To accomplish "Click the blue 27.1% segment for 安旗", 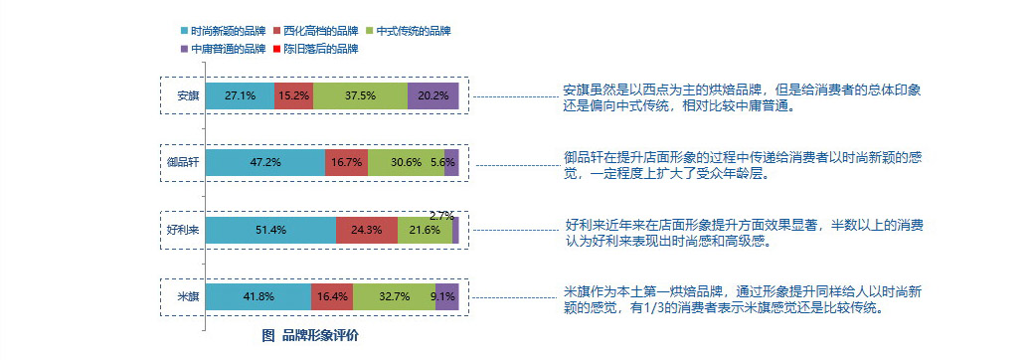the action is pyautogui.click(x=240, y=96).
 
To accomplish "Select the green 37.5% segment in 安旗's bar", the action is pyautogui.click(x=360, y=96).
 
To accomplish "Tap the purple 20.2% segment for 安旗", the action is pyautogui.click(x=433, y=96).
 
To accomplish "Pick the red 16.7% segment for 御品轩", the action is pyautogui.click(x=346, y=162).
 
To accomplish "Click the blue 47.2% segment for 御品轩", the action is pyautogui.click(x=265, y=162).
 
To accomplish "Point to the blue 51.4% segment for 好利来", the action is pyautogui.click(x=270, y=230).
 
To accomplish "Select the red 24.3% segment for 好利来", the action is pyautogui.click(x=367, y=230).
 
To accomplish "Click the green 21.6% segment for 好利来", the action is pyautogui.click(x=425, y=230).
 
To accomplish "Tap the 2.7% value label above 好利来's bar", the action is pyautogui.click(x=441, y=215).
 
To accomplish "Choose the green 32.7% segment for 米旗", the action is pyautogui.click(x=395, y=296).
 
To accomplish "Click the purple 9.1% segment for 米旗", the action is pyautogui.click(x=446, y=296).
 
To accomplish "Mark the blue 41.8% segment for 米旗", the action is pyautogui.click(x=258, y=296).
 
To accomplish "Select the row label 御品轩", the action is pyautogui.click(x=182, y=162).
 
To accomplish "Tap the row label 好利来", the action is pyautogui.click(x=182, y=230).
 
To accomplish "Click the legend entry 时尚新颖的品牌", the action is pyautogui.click(x=223, y=31).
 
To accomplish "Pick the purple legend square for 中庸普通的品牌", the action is pyautogui.click(x=185, y=50).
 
